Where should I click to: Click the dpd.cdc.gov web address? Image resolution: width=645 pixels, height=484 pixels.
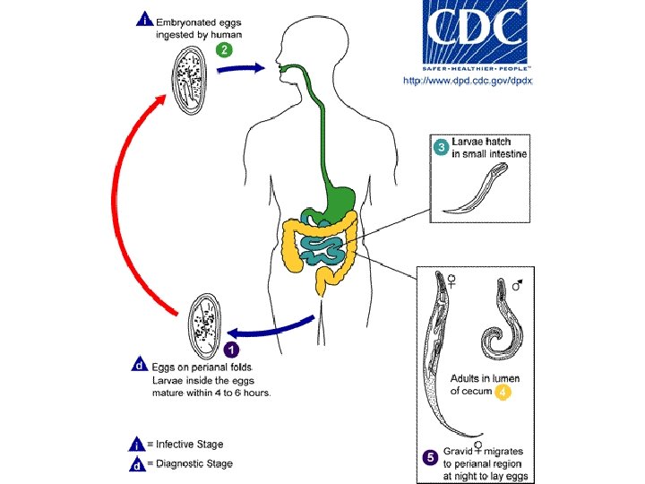click(468, 81)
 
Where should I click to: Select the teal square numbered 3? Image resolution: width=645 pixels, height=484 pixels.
click(441, 148)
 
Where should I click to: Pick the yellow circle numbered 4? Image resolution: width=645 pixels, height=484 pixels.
click(503, 392)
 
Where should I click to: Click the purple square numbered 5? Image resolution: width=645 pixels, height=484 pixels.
click(430, 457)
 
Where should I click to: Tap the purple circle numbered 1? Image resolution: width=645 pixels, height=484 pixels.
click(230, 350)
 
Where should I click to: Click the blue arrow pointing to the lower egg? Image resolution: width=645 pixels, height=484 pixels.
click(269, 330)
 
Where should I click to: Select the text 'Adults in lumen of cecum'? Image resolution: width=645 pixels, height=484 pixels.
click(484, 385)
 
